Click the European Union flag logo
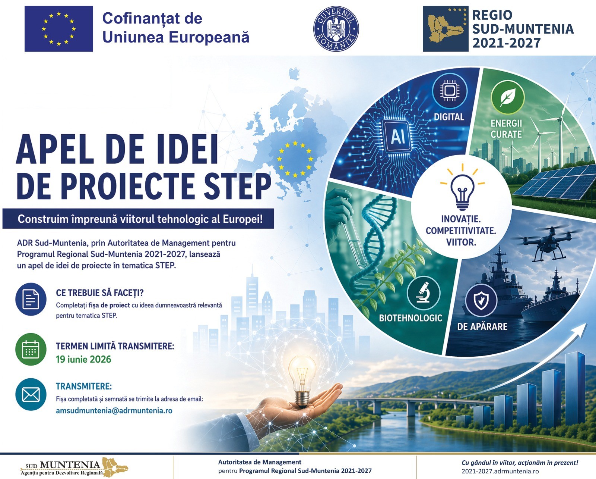[x=58, y=29]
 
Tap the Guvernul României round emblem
[x=336, y=29]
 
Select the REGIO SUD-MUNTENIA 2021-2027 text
[x=522, y=29]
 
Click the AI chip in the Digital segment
[x=398, y=137]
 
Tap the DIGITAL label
[x=449, y=117]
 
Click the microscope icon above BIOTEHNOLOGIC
[x=424, y=293]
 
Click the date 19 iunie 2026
[x=83, y=359]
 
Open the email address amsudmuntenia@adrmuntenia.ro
[x=114, y=410]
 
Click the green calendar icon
[x=31, y=349]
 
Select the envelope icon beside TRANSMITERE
[x=31, y=395]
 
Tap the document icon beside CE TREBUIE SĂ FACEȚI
[x=31, y=299]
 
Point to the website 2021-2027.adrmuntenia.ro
[x=500, y=471]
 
